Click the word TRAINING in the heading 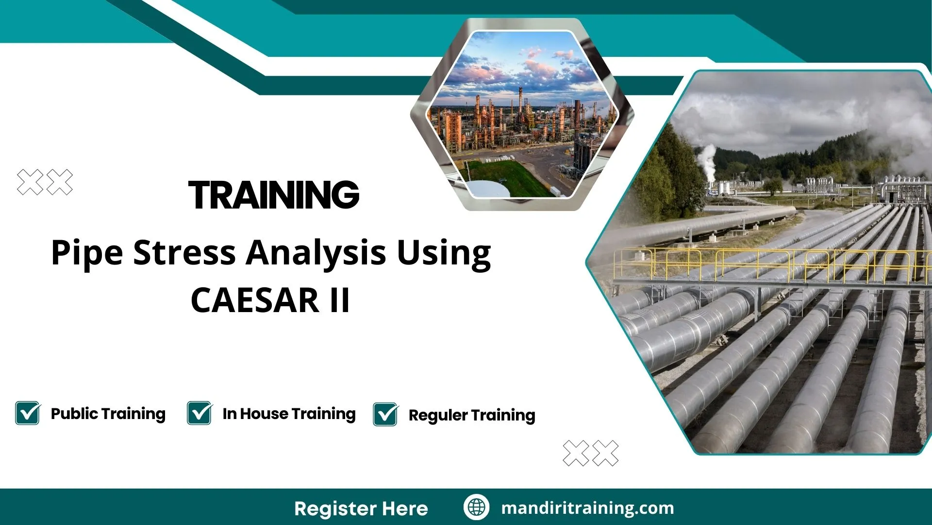274,195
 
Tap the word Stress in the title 184,253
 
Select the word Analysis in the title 316,253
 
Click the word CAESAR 254,300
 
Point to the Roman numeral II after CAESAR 339,300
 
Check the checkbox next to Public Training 28,413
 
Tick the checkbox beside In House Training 200,413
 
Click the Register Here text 361,508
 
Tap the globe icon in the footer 476,507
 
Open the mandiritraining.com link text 587,508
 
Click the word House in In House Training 264,414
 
